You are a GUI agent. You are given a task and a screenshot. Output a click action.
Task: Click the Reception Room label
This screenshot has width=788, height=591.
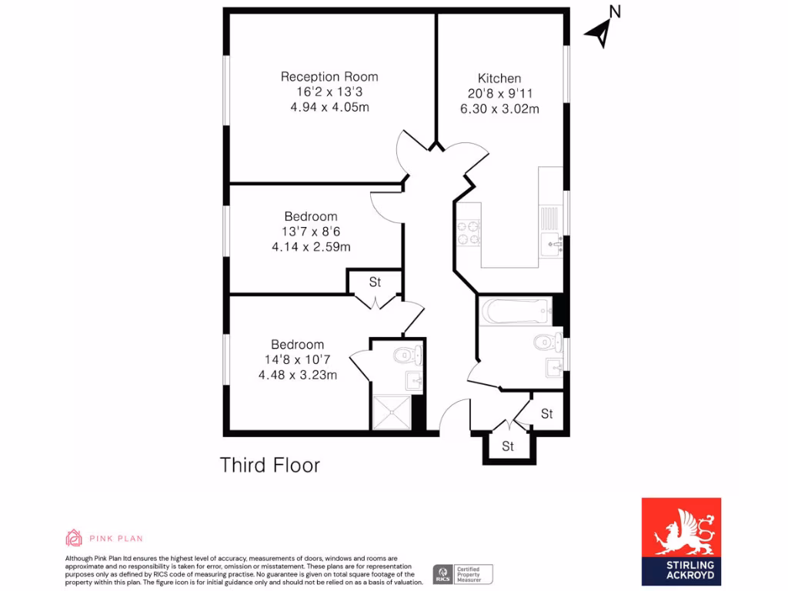pyautogui.click(x=329, y=77)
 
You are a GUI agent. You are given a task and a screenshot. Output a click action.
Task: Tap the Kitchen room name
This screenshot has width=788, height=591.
pyautogui.click(x=499, y=78)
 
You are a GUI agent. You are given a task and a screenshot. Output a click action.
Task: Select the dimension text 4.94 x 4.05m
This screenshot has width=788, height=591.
pyautogui.click(x=329, y=107)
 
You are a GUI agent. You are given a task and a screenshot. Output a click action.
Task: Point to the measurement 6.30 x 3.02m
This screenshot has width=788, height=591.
pyautogui.click(x=499, y=109)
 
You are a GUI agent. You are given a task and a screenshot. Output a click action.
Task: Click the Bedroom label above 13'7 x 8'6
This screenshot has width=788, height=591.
pyautogui.click(x=310, y=216)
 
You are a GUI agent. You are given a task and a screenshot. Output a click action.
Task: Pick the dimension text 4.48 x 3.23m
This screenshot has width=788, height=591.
pyautogui.click(x=298, y=375)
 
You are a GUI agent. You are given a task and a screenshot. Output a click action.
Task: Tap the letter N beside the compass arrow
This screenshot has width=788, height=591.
pyautogui.click(x=614, y=12)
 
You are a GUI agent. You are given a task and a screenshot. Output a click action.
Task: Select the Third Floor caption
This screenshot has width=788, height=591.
pyautogui.click(x=269, y=465)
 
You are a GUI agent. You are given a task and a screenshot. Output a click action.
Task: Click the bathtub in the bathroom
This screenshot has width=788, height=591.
pyautogui.click(x=516, y=312)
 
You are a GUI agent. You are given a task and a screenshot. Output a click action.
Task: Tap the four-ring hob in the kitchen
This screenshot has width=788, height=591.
pyautogui.click(x=468, y=232)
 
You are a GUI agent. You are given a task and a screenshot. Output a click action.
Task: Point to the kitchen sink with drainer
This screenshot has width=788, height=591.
pyautogui.click(x=551, y=231)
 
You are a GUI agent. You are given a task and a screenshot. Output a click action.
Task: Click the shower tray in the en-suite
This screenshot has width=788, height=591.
pyautogui.click(x=392, y=412)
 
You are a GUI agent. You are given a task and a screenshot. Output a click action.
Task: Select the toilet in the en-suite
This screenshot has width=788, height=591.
pyautogui.click(x=406, y=355)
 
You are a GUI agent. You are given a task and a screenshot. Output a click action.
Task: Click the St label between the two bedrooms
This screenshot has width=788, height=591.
pyautogui.click(x=375, y=282)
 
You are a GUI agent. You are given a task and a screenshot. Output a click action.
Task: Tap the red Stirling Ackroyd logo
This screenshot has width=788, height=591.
pyautogui.click(x=681, y=539)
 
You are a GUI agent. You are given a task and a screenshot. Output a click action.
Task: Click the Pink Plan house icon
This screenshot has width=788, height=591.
pyautogui.click(x=74, y=538)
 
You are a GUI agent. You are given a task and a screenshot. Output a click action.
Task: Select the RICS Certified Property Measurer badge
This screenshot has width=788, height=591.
pyautogui.click(x=462, y=574)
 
